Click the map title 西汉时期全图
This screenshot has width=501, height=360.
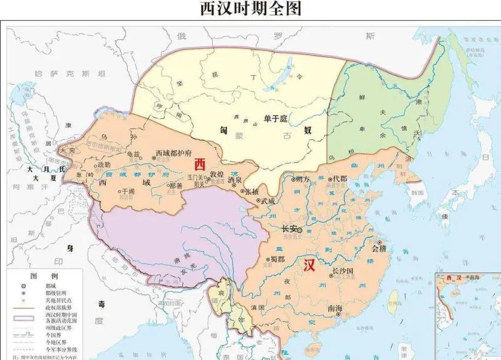tap(250, 9)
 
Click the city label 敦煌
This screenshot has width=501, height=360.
tap(216, 174)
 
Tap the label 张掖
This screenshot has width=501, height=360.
tap(251, 190)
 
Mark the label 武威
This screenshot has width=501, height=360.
tap(267, 200)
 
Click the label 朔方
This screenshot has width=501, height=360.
tap(302, 179)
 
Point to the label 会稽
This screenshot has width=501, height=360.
tap(380, 248)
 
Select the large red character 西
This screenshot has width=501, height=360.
tap(199, 164)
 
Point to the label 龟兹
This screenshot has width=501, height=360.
tap(133, 154)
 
